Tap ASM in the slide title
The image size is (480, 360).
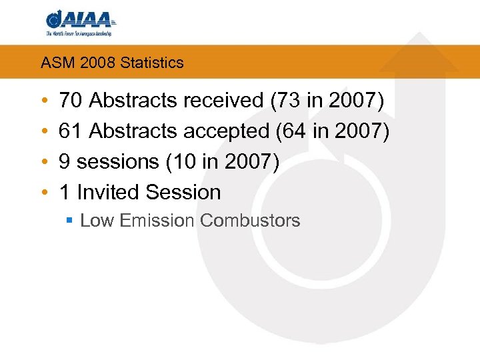click(x=54, y=63)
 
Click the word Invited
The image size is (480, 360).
click(x=107, y=193)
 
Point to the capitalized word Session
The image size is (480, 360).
click(x=183, y=193)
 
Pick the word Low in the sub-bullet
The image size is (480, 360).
click(x=97, y=221)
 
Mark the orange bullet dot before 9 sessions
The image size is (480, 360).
click(x=43, y=162)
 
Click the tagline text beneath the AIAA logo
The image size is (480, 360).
click(x=78, y=33)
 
